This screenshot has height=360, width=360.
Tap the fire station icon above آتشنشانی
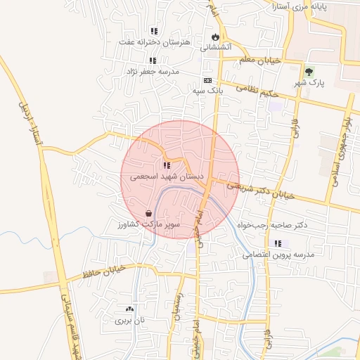click(x=215, y=37)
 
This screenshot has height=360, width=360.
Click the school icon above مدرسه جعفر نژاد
click(x=153, y=60)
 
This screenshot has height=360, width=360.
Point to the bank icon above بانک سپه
click(x=207, y=81)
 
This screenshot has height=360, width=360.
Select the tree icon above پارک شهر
click(x=309, y=72)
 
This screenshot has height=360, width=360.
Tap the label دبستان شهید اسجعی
click(x=166, y=177)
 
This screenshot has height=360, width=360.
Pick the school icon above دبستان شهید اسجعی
click(x=166, y=166)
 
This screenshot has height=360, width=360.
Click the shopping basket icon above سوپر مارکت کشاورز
click(x=148, y=212)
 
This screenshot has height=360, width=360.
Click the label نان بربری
click(x=129, y=320)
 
